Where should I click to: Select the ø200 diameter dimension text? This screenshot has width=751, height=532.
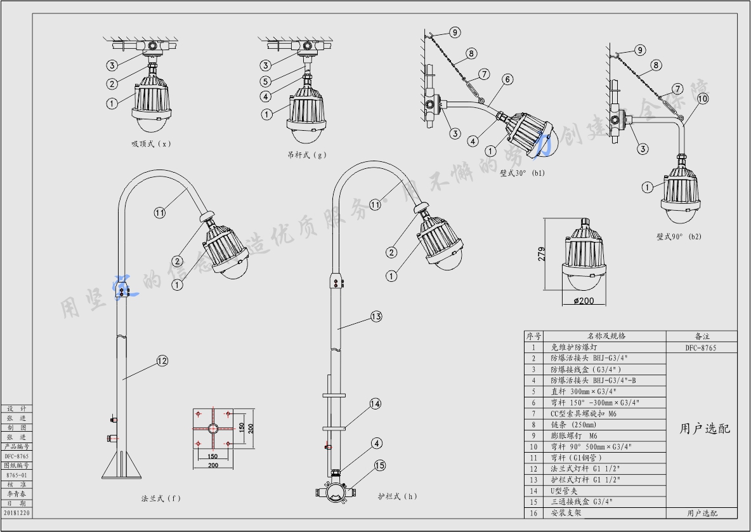(x=584, y=300)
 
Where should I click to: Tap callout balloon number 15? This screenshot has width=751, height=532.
(x=379, y=465)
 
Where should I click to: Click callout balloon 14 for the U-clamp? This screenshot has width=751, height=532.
(x=375, y=403)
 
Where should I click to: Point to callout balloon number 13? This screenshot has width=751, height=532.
(x=375, y=316)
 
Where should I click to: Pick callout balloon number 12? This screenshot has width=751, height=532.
(x=162, y=361)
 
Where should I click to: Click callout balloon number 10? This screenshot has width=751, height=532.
(x=703, y=98)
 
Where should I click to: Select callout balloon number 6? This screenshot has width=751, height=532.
(x=507, y=80)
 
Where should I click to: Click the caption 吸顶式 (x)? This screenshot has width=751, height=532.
(x=150, y=144)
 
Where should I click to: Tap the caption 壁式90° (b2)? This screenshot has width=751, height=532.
(x=679, y=237)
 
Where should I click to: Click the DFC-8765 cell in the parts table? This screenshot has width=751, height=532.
(x=701, y=348)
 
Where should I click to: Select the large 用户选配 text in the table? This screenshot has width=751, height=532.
(x=705, y=429)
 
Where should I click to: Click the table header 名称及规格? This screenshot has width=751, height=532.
(x=606, y=336)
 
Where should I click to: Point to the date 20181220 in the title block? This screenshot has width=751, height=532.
(x=16, y=512)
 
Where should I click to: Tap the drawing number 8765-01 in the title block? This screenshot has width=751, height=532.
(x=16, y=474)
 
